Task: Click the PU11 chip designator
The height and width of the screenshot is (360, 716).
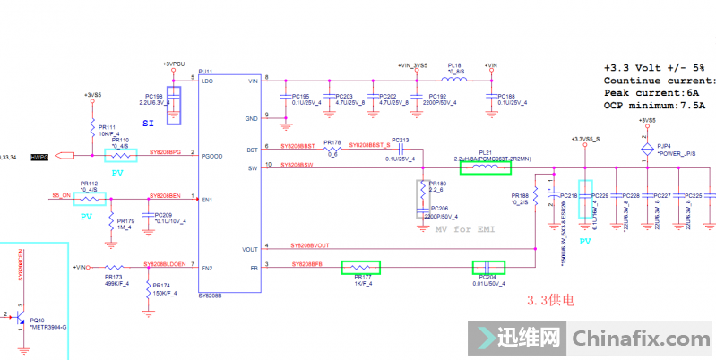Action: point(204,72)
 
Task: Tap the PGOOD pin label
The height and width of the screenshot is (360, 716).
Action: point(211,155)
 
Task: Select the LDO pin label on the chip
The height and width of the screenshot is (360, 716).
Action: point(208,81)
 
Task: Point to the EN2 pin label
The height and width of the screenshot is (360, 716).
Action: point(208,268)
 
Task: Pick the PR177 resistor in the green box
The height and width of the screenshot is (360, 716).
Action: point(361,267)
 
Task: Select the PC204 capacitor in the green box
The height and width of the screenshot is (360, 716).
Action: point(488,267)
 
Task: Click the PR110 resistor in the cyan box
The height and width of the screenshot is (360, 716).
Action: point(120,155)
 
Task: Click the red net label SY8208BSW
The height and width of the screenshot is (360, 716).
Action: point(297,166)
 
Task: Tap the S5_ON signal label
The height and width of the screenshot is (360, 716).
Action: point(61,194)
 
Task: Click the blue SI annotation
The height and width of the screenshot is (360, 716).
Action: point(149,124)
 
